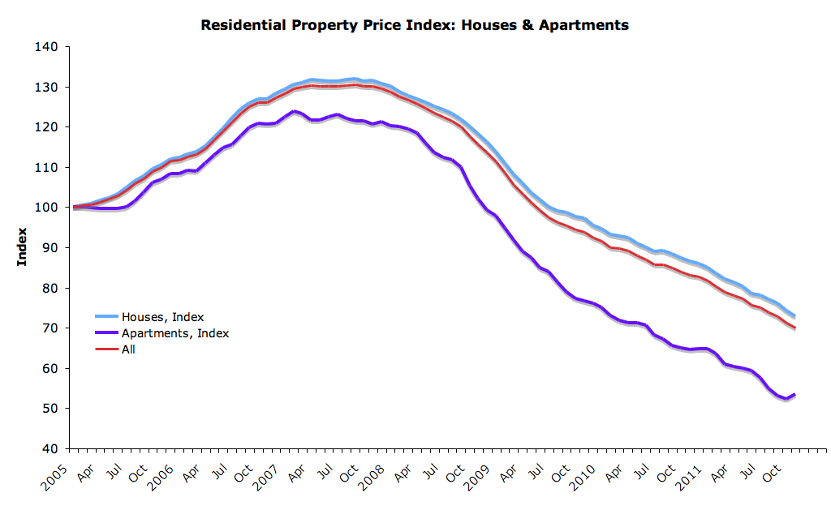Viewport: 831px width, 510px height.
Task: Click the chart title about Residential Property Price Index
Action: (x=414, y=25)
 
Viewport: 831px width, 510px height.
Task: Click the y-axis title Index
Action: (x=22, y=247)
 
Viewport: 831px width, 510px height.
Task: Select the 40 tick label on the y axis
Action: (x=51, y=448)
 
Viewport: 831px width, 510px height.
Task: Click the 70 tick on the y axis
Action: (x=51, y=328)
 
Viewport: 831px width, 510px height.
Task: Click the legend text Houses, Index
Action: (x=163, y=316)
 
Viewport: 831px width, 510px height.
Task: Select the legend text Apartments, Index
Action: (x=175, y=332)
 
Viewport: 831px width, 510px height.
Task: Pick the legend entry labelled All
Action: (x=128, y=349)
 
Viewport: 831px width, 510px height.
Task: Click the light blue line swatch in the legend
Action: (x=107, y=316)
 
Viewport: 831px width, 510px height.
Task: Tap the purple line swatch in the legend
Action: (x=107, y=332)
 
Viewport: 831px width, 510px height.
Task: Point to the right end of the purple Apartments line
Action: (x=794, y=395)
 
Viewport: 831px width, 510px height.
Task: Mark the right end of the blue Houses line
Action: (x=794, y=315)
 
